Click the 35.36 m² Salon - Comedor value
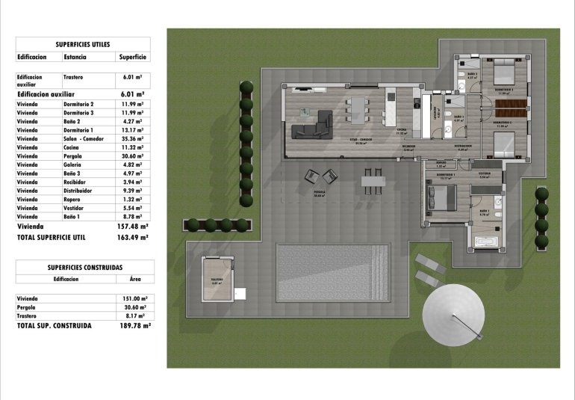(x=132, y=138)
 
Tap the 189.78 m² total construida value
(x=134, y=326)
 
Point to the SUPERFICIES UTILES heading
(x=82, y=44)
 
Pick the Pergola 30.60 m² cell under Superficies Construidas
(x=134, y=307)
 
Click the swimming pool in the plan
(x=334, y=273)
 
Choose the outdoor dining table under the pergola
(x=373, y=179)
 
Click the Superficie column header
(x=132, y=57)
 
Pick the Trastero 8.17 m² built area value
(x=134, y=316)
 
